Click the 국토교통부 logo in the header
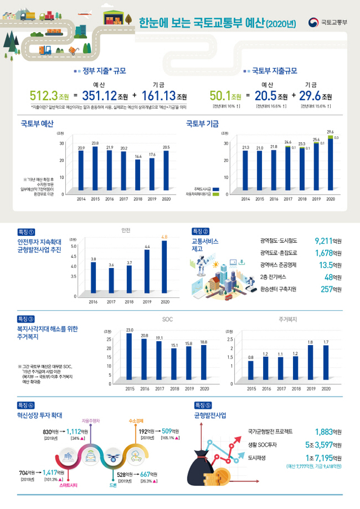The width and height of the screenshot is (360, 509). pyautogui.click(x=328, y=23)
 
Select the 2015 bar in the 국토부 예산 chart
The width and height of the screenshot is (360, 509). pyautogui.click(x=96, y=169)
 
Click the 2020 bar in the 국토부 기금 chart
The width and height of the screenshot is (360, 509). pyautogui.click(x=330, y=166)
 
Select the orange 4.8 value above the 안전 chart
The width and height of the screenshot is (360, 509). pyautogui.click(x=165, y=237)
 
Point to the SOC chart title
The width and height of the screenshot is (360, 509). pyautogui.click(x=167, y=319)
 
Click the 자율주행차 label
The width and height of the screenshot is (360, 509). pyautogui.click(x=91, y=421)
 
